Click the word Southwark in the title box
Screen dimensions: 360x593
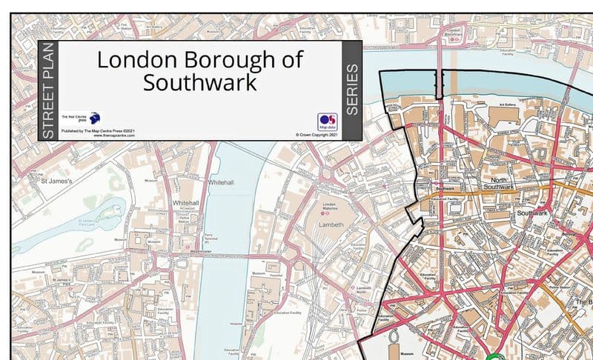coord(200,82)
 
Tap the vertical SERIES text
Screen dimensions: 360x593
coord(351,90)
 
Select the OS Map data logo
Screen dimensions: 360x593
coord(327,121)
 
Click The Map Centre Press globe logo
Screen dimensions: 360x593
coord(94,118)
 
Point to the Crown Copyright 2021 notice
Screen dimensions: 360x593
coord(317,135)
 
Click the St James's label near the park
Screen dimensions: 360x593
coord(56,179)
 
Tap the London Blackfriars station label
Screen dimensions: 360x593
coord(454,33)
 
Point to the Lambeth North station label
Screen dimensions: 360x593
coord(363,290)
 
